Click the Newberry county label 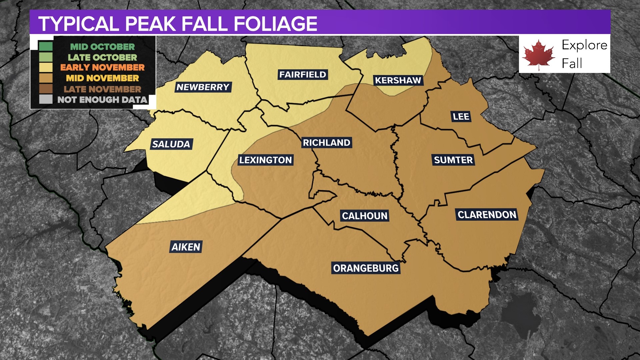(203, 87)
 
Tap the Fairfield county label (303, 75)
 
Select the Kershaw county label (398, 80)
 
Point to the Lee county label (461, 117)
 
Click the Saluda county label (171, 144)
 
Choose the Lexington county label (266, 160)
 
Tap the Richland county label (327, 143)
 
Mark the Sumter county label (453, 160)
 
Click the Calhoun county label (365, 216)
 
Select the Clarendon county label (487, 215)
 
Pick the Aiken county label (186, 247)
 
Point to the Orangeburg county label (366, 268)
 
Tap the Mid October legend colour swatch (46, 47)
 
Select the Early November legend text (102, 68)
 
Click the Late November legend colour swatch (46, 89)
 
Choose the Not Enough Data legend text (102, 100)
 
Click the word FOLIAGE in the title (275, 24)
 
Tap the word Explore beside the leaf (584, 45)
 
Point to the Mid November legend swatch (46, 78)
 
